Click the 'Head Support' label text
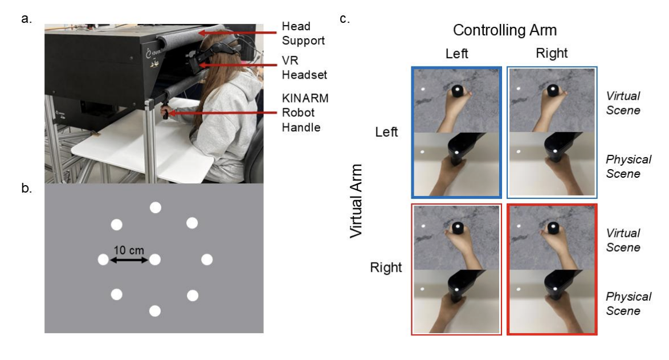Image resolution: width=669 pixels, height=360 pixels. (303, 33)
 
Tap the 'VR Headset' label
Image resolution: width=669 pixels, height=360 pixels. (304, 67)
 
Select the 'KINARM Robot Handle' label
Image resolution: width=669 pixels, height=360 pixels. (305, 113)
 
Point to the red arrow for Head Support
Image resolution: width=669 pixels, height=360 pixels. (237, 32)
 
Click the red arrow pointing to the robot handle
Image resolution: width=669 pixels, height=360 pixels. (222, 113)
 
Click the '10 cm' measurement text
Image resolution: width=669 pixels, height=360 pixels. (129, 251)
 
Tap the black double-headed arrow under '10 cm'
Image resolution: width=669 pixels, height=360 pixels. (129, 259)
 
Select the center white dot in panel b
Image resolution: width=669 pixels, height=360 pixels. (155, 259)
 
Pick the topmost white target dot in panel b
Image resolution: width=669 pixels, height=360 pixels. (156, 208)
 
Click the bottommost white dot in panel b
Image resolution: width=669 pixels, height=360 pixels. (155, 311)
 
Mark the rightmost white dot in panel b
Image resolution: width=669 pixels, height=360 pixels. (207, 259)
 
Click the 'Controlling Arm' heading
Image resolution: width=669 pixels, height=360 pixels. (505, 30)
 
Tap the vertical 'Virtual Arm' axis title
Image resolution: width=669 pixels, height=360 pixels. (356, 201)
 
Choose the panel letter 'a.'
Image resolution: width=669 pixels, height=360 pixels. (26, 19)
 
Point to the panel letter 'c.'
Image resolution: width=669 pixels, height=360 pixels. (345, 19)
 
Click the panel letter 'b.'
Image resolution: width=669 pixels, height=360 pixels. (26, 188)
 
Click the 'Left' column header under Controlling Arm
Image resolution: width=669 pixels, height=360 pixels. (456, 54)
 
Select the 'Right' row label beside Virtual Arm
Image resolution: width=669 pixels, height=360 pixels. (386, 268)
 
